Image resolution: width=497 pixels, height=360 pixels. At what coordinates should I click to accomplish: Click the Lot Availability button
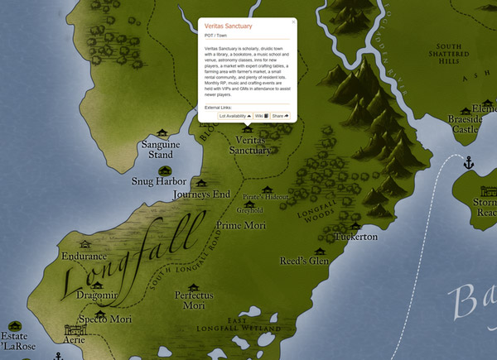pos(235,117)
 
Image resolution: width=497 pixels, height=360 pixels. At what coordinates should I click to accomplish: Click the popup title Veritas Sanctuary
pos(228,26)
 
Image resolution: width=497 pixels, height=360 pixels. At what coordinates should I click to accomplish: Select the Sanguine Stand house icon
pos(162,132)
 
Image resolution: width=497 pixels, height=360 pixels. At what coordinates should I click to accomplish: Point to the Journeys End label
pos(201,194)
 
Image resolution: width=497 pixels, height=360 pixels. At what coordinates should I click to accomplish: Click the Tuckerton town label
pos(355,237)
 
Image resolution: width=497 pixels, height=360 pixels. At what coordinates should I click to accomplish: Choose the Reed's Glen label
pos(304,261)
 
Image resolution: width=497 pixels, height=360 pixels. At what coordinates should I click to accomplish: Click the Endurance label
pos(84,257)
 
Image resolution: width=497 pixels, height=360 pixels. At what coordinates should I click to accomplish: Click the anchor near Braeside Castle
pos(467,161)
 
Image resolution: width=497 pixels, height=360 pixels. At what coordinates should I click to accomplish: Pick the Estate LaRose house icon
pos(12,324)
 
